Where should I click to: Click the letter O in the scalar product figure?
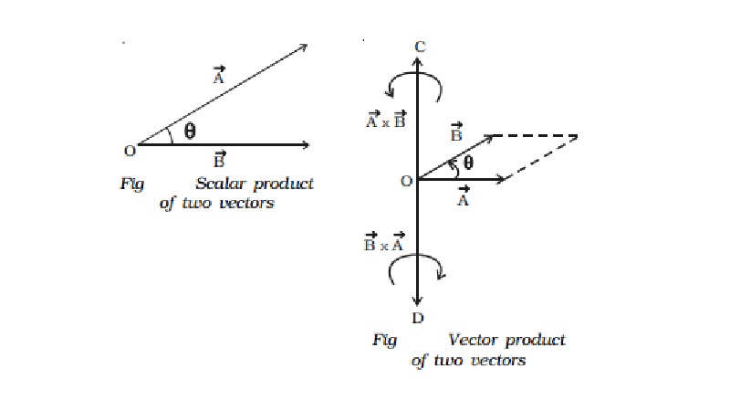130,150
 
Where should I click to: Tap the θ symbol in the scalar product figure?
189,131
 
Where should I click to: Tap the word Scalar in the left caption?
219,184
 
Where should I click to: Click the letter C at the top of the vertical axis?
418,47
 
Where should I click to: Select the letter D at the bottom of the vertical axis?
417,318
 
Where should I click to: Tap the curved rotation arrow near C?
416,84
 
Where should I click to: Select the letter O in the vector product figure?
406,181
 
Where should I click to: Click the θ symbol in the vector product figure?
467,164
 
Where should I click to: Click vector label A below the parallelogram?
462,198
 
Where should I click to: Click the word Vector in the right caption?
472,340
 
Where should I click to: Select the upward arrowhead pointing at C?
417,63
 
